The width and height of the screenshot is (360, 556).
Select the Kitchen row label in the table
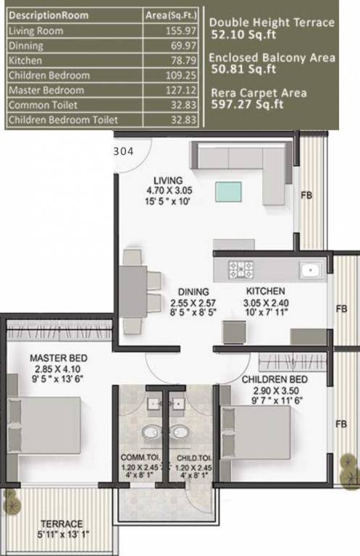[x=25, y=61]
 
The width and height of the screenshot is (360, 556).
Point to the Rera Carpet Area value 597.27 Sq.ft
[x=246, y=105]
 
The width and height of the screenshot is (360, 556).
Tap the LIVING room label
[x=168, y=180]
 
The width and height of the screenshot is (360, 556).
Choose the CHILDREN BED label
[x=275, y=379]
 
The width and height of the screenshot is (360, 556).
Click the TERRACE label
[x=62, y=523]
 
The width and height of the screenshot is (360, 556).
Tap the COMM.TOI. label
[x=141, y=458]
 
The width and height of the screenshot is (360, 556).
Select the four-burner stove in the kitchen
[x=241, y=270]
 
